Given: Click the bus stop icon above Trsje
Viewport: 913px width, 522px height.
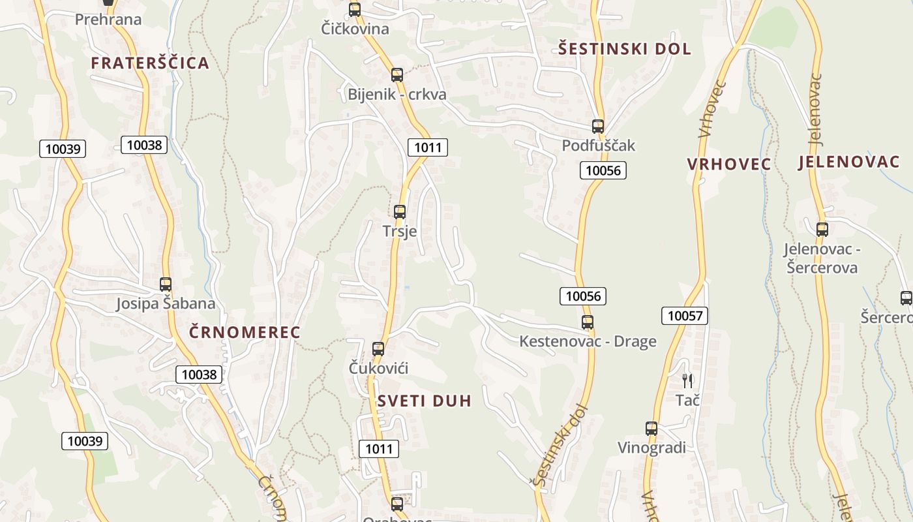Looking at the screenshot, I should point(400,211).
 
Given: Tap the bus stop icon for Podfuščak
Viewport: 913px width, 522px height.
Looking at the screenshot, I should point(598,126).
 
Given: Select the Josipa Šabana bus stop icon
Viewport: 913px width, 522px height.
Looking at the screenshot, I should point(166,284).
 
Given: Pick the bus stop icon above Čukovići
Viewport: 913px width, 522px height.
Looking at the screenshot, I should point(378,348).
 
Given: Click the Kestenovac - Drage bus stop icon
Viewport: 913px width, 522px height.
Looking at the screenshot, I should point(588,322).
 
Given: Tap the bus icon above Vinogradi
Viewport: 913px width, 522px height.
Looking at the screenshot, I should point(651,428).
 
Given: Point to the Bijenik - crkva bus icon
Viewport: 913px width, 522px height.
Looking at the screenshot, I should point(397,74).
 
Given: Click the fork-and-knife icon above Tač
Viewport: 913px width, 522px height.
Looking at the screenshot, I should point(687,380).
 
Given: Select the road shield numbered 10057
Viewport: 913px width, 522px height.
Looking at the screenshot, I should point(684,316).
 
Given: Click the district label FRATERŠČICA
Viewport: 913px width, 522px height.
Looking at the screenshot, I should point(150,63).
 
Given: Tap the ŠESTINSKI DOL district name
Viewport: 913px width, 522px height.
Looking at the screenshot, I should point(625,49).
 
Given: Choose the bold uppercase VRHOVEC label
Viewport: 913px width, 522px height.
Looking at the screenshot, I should point(728,164).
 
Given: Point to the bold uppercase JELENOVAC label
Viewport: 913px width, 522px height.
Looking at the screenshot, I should point(848,162).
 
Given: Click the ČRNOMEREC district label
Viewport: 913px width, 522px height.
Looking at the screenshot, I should point(245,332).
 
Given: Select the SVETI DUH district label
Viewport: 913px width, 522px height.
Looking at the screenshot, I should point(424,401).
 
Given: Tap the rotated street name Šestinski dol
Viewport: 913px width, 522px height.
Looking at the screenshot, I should point(560,445).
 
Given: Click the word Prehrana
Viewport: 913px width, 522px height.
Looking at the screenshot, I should point(108,20).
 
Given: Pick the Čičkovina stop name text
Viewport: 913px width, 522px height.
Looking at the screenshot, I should point(355,29).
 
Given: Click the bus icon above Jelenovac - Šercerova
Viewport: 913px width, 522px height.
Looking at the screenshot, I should point(822,229).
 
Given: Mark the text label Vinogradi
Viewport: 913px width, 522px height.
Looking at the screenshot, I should point(651,448).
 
